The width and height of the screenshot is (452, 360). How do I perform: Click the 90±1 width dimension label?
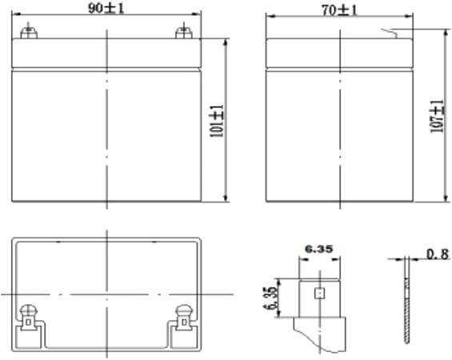(x=106, y=8)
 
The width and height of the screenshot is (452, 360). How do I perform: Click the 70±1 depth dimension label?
(x=339, y=10)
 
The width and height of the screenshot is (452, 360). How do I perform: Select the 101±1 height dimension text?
(x=218, y=121)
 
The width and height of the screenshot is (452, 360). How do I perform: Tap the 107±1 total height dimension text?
(x=437, y=116)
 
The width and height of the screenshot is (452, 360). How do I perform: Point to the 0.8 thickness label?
(x=438, y=254)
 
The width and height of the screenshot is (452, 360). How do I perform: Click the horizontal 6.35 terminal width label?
(x=319, y=249)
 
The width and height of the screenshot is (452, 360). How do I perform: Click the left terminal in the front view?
(x=29, y=31)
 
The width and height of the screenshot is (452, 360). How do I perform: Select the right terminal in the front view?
(x=184, y=31)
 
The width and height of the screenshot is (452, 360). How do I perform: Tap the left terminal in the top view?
(x=29, y=317)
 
